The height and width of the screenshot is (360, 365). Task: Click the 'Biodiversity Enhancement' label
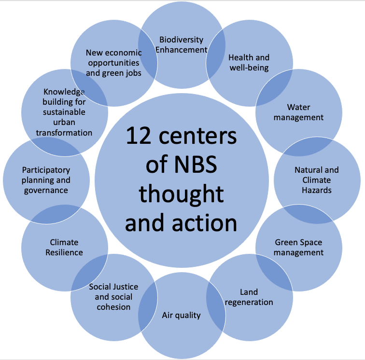tap(182, 44)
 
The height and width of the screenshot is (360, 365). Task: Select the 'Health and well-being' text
tap(249, 62)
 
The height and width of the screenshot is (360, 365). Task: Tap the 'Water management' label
tap(298, 112)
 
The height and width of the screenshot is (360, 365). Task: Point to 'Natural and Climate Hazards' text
tap(317, 180)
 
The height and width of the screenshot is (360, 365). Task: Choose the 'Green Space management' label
tap(298, 247)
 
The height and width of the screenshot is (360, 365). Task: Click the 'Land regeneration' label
tap(249, 297)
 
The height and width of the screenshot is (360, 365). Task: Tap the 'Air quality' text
tap(181, 316)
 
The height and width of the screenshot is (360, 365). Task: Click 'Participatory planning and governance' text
tap(46, 180)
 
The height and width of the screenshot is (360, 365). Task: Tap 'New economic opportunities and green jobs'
tap(113, 63)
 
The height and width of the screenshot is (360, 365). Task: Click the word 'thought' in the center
tap(181, 194)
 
